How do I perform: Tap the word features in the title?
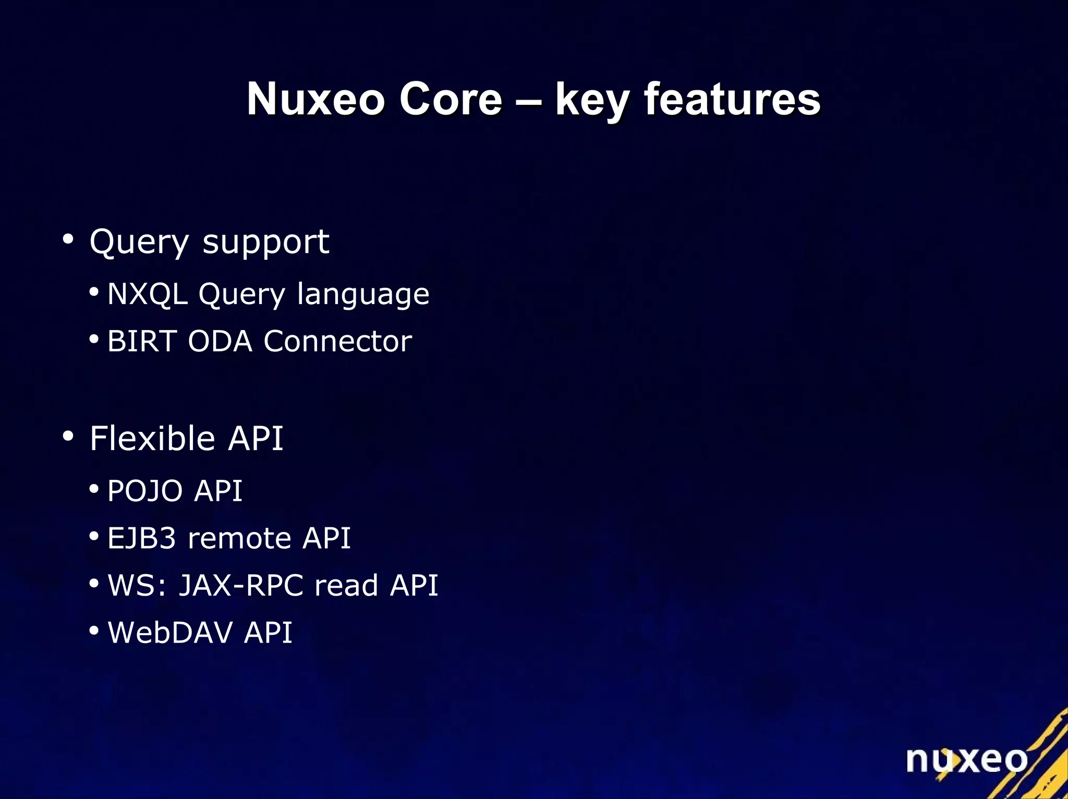732,99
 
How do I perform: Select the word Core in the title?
450,99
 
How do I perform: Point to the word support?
265,243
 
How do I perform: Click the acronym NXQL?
147,294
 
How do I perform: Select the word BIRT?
142,341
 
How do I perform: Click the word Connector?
337,341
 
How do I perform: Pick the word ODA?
220,341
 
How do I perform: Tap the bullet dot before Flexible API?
68,436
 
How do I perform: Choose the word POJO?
145,491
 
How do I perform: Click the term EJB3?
141,538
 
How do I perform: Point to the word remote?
239,538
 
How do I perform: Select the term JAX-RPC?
241,585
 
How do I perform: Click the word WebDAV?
170,632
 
